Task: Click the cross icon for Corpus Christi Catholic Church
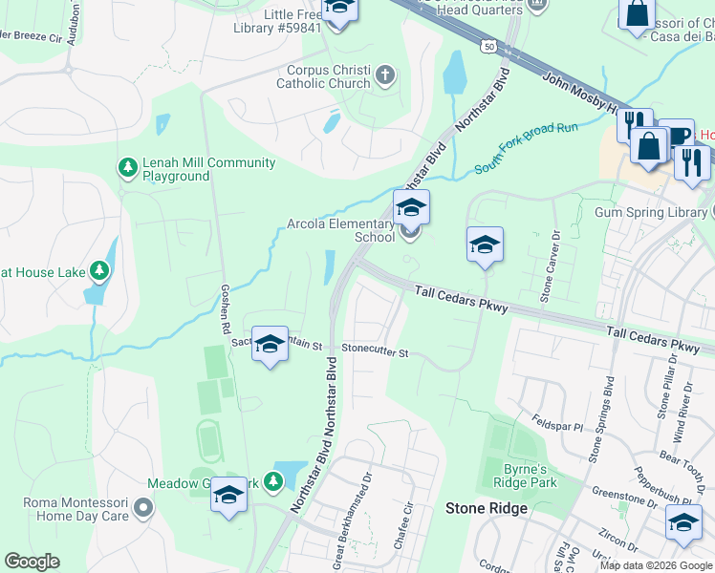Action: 385,75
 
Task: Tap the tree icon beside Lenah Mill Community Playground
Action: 127,169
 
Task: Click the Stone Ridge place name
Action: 487,508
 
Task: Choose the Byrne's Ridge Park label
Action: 530,476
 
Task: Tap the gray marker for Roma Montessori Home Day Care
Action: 143,508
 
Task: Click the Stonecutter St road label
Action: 376,352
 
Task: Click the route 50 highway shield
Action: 489,46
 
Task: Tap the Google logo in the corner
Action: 32,562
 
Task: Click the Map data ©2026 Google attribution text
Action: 656,565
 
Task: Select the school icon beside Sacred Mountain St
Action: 270,344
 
